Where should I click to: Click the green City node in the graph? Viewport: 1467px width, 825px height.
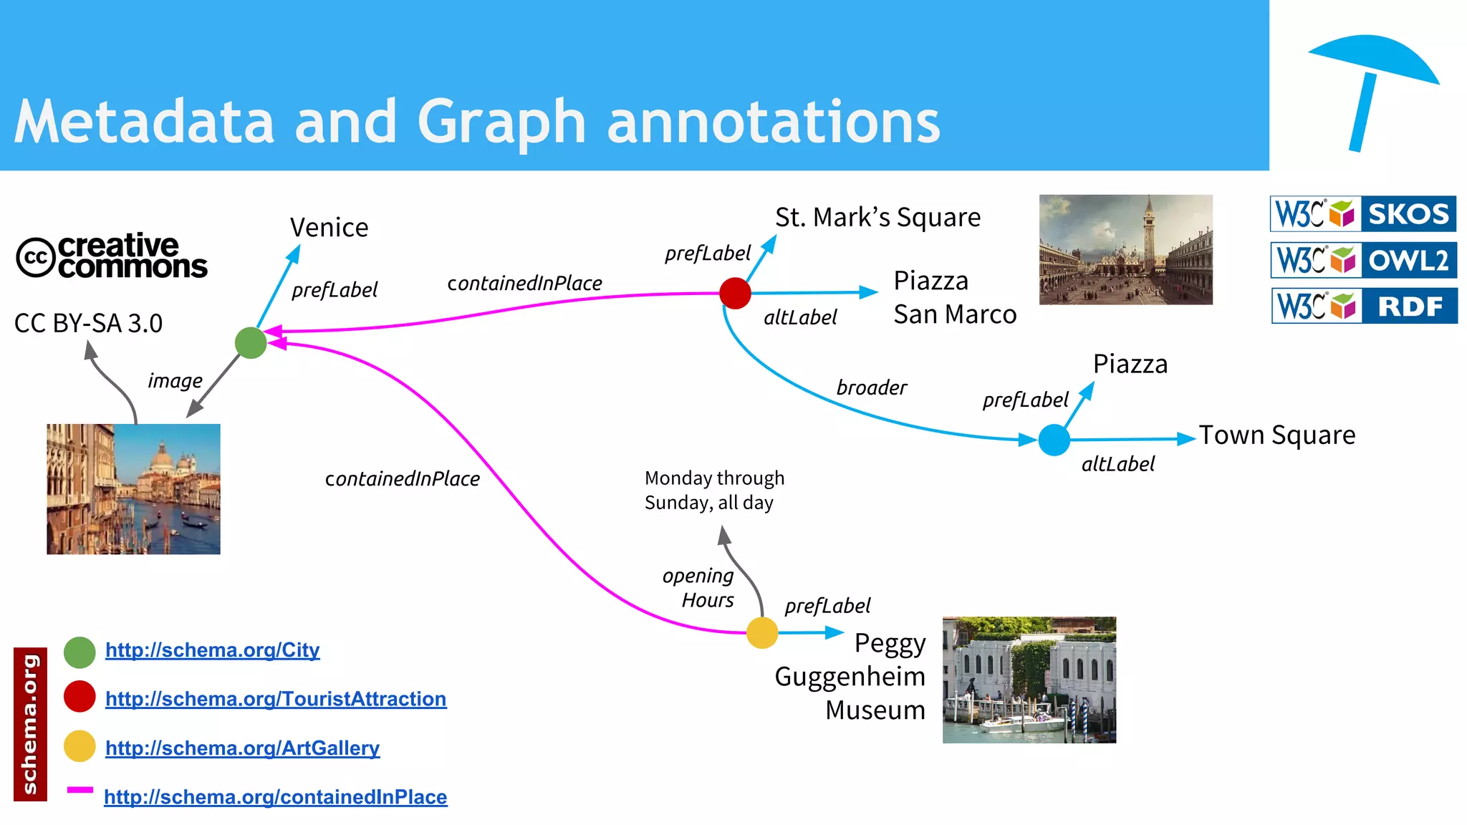[251, 343]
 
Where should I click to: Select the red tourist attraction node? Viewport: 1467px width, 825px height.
[735, 294]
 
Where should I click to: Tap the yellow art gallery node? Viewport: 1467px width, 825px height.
[762, 633]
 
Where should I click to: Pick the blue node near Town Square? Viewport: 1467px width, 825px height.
[1054, 440]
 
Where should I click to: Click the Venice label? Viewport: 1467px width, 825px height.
[329, 228]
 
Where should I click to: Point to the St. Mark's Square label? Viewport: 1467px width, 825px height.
[877, 217]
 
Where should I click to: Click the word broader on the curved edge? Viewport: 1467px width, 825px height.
[871, 387]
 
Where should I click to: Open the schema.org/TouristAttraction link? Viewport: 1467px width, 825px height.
[276, 698]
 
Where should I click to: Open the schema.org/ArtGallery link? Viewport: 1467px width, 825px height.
[242, 748]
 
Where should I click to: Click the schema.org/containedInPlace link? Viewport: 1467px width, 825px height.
[276, 796]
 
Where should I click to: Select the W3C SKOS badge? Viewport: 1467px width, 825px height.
[1363, 213]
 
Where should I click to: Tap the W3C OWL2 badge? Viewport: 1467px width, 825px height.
[1363, 260]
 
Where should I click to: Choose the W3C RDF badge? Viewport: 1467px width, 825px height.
[1364, 306]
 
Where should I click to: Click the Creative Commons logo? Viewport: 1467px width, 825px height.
[112, 256]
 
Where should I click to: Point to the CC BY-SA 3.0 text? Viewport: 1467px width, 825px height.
[88, 324]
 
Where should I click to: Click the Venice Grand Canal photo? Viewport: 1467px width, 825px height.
[133, 488]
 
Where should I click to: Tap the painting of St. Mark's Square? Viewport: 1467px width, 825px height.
[1125, 249]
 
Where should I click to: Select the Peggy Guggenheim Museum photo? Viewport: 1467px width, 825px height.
[1029, 680]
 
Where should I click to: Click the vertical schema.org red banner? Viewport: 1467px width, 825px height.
[30, 723]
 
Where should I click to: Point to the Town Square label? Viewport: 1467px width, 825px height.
[1277, 435]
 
